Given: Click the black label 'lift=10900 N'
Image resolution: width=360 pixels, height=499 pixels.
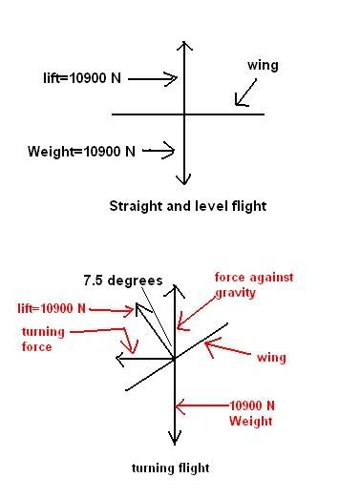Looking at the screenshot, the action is point(82,78).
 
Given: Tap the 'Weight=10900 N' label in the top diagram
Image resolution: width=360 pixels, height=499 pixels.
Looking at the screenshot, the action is point(81,151).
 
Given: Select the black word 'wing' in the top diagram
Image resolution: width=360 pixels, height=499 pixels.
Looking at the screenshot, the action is point(263,66).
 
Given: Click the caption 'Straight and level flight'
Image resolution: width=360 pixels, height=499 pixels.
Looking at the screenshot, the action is point(188,206).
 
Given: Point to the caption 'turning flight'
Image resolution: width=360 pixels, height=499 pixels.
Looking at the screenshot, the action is point(170,468).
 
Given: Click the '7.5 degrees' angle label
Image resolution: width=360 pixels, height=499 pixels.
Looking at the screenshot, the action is point(123,281).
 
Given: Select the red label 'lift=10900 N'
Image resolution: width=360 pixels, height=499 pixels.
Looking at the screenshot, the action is point(52,308).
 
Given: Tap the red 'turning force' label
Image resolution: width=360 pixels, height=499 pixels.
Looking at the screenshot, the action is point(43,340).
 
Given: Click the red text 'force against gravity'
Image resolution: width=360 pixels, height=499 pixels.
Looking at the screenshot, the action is point(254,285).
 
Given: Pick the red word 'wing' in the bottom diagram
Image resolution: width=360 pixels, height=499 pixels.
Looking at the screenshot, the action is point(271,358).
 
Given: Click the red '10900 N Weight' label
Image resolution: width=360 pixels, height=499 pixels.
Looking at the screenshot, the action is point(252,413).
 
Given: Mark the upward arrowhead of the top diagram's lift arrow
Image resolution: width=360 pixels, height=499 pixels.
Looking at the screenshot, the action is point(184,46).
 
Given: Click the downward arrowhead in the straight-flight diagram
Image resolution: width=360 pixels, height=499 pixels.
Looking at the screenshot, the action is point(184,179).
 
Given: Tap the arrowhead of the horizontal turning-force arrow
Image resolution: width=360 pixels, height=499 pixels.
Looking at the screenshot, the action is point(119,360).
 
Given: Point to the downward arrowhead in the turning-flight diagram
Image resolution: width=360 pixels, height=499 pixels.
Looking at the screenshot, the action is point(175,439).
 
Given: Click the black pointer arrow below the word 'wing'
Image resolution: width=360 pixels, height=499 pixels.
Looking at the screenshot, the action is point(245,93).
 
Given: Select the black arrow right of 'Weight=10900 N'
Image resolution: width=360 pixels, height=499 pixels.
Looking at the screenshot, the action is point(159,151).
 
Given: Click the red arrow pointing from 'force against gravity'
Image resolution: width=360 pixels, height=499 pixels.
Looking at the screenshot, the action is point(197,313).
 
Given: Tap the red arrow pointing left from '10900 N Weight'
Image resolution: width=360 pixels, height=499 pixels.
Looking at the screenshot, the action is point(202,405).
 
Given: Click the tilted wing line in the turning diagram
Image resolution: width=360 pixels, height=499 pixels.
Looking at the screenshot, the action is point(177,357).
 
